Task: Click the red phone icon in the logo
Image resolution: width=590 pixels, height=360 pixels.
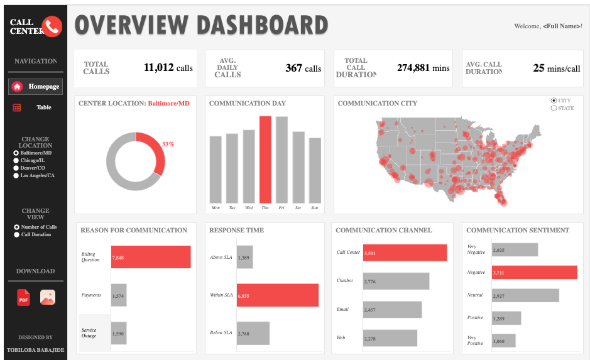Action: click(x=52, y=26)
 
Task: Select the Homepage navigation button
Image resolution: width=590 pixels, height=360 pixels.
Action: click(x=36, y=86)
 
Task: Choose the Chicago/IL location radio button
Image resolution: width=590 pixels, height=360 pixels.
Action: click(x=16, y=161)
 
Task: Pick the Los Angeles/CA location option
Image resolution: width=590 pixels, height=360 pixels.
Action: click(x=16, y=176)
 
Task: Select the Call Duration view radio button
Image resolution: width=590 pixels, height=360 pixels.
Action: click(x=16, y=235)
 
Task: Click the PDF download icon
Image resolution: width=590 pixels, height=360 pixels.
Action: click(x=23, y=298)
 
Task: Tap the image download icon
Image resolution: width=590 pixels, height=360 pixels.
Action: click(x=48, y=298)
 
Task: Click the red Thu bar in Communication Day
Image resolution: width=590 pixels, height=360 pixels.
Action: click(x=265, y=159)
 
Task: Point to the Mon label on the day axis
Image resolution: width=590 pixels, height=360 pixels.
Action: click(x=216, y=208)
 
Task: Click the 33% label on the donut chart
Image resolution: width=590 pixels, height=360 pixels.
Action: click(x=168, y=145)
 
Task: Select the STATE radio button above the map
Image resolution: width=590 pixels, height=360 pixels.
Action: click(x=554, y=108)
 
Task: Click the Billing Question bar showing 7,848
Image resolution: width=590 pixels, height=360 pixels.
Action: click(x=151, y=258)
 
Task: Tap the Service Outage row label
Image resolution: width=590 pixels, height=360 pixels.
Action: click(x=90, y=333)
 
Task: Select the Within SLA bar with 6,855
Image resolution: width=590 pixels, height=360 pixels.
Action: click(x=277, y=295)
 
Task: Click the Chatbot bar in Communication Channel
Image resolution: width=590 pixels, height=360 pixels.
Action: click(x=396, y=281)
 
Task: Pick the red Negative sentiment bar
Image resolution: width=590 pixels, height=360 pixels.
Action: click(x=534, y=272)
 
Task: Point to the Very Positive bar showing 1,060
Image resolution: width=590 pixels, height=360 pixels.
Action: click(x=503, y=341)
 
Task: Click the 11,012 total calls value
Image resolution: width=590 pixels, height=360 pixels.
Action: click(x=158, y=68)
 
